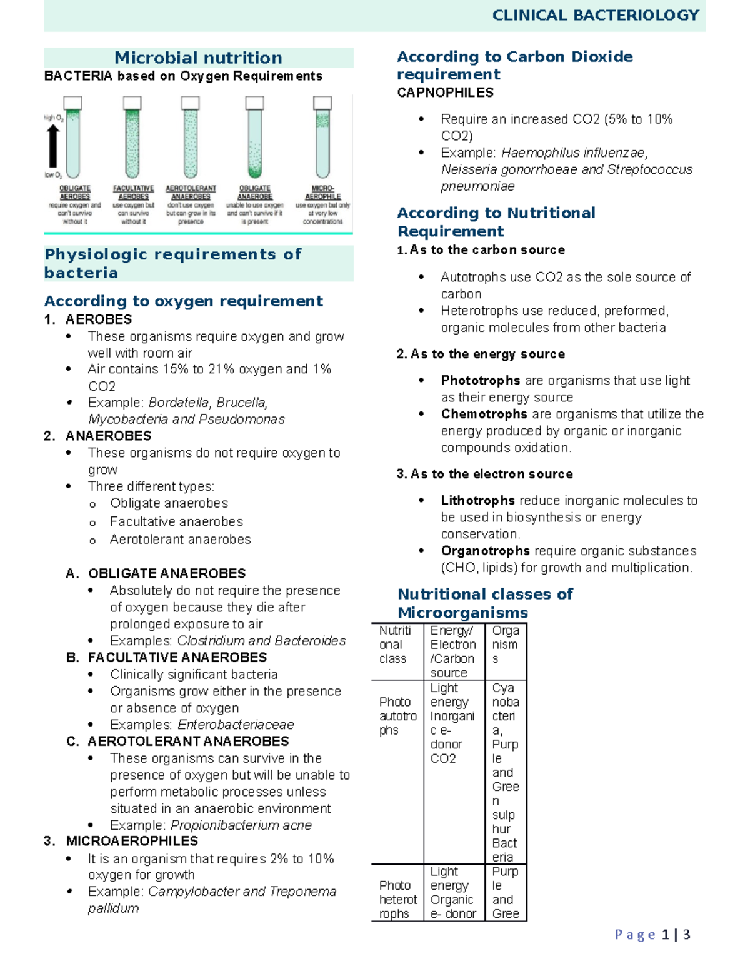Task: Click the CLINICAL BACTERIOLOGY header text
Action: coord(595,16)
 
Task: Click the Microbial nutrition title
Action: coord(198,58)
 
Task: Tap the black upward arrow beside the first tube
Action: coord(54,146)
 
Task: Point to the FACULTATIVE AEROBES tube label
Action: coord(133,192)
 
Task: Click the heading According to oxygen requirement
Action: coord(183,301)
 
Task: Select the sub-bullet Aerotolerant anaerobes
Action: coord(180,540)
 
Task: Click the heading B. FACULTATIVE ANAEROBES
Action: coord(177,658)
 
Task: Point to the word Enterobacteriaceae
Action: coord(236,725)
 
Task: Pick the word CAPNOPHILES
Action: coord(445,93)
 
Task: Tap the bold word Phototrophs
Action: coord(480,381)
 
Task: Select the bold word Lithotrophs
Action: coord(477,501)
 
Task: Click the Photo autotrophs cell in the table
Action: coord(397,716)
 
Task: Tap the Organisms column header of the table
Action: coord(505,645)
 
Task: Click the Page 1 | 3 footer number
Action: coord(652,935)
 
